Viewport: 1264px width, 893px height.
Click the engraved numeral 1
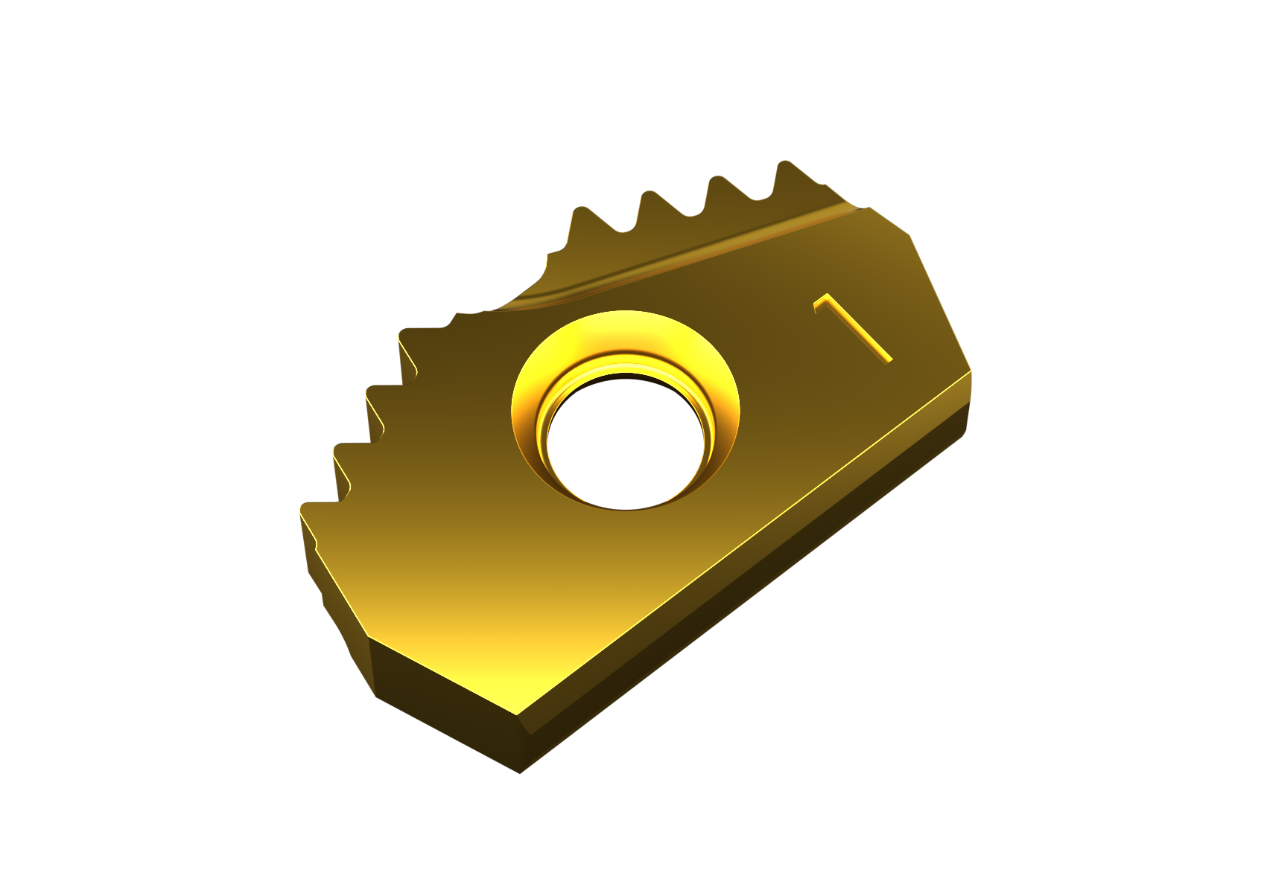(853, 328)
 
